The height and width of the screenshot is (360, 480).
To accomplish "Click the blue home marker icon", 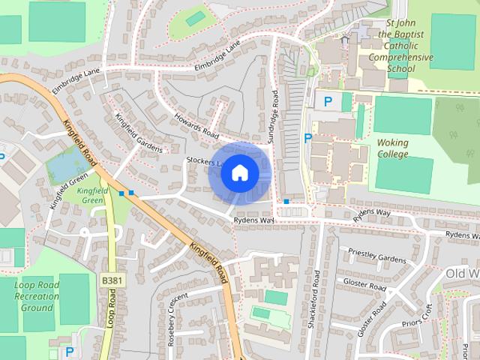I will (239, 173).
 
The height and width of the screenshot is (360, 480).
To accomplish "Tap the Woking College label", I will (393, 148).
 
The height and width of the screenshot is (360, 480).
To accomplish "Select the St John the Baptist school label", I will (406, 46).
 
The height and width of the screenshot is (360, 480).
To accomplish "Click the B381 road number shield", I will (110, 280).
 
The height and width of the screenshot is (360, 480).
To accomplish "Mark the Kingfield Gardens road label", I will (138, 133).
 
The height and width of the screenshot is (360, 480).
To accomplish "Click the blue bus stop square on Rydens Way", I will (286, 202).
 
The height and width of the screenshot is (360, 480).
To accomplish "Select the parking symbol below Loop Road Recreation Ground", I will (70, 351).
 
